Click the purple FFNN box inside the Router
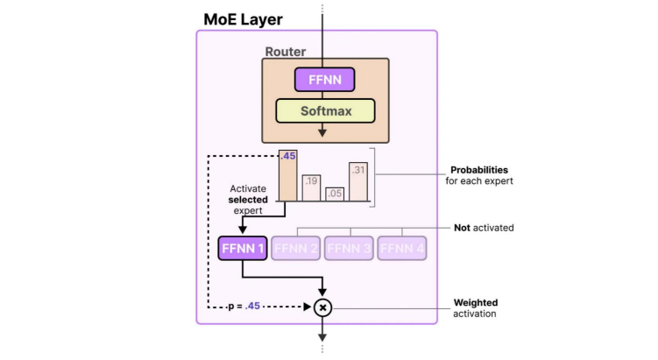(x=325, y=81)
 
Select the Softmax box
(x=325, y=111)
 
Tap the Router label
(x=286, y=52)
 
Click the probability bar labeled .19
(x=311, y=188)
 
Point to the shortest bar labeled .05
(x=335, y=194)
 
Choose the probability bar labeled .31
(x=358, y=182)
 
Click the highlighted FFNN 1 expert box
(x=243, y=248)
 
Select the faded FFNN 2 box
(x=296, y=248)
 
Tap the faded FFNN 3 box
(x=350, y=248)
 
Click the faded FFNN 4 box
(x=403, y=248)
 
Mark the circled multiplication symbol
(x=322, y=307)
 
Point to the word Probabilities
(x=479, y=170)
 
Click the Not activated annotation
(x=484, y=228)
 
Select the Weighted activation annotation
(x=476, y=308)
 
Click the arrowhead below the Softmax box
(x=322, y=132)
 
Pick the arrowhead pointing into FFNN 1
(x=243, y=229)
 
